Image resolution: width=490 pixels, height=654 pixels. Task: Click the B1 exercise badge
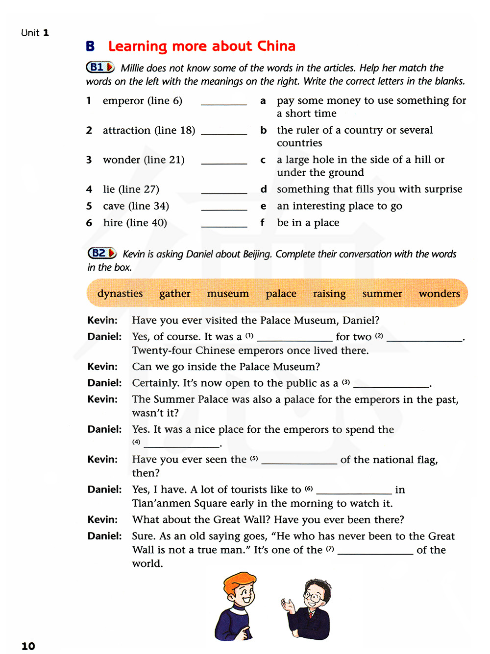(100, 67)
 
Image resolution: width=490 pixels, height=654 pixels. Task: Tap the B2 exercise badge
(101, 253)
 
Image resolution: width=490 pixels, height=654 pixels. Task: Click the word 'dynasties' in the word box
(120, 294)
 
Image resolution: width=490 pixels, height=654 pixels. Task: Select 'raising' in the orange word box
(329, 294)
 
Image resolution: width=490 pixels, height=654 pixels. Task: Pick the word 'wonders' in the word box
(439, 294)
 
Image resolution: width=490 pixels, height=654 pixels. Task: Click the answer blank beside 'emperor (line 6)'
(224, 102)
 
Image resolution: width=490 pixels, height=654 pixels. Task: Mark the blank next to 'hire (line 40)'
(224, 224)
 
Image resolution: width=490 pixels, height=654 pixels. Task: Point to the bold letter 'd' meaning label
(264, 189)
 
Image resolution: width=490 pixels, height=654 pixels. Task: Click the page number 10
(28, 646)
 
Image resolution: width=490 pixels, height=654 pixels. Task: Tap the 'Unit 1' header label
(35, 33)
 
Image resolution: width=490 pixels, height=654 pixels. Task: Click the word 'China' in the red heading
(276, 46)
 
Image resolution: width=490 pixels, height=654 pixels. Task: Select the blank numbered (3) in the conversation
(392, 384)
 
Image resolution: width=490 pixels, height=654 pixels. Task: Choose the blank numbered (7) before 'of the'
(375, 551)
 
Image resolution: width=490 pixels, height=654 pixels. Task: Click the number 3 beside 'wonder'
(89, 160)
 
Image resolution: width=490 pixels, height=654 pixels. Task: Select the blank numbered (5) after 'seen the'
(299, 460)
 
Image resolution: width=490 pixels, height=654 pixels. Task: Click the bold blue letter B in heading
(90, 46)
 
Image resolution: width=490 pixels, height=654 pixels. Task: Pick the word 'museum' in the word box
(228, 294)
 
